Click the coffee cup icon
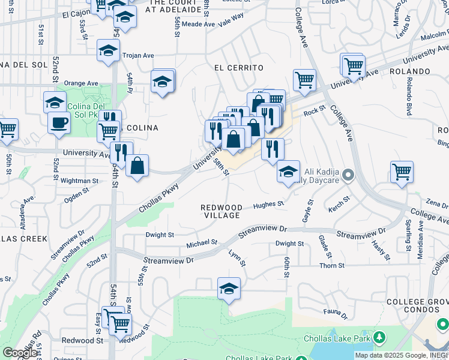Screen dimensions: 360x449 59,122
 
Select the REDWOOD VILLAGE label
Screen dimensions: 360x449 221,211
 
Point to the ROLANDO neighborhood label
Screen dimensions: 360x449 430,71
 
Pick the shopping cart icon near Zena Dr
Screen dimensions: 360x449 402,172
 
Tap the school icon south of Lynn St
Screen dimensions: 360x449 229,289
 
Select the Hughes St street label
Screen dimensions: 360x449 268,205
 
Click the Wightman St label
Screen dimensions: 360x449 79,180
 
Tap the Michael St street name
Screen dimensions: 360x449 202,243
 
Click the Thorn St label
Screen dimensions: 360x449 332,265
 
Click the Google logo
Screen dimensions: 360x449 20,352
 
